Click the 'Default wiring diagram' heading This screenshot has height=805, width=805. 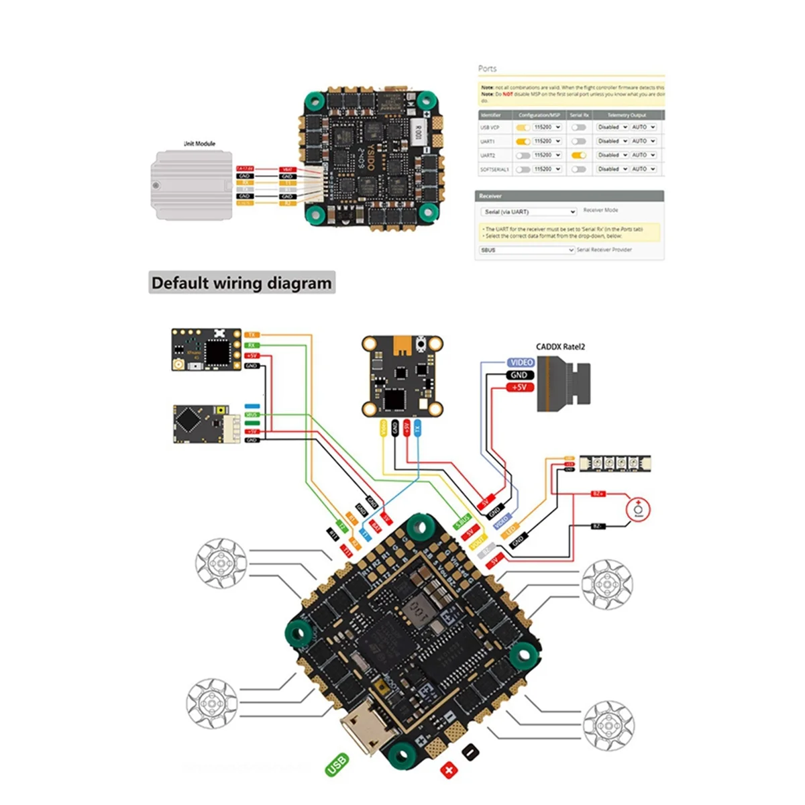click(x=241, y=282)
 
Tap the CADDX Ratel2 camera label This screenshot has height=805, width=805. click(x=560, y=347)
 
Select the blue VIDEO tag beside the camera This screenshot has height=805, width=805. click(x=521, y=362)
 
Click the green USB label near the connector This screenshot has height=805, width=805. click(x=337, y=765)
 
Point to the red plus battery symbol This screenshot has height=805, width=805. click(x=448, y=770)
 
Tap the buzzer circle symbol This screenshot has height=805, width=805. click(x=638, y=510)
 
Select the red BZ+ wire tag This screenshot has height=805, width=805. click(x=598, y=494)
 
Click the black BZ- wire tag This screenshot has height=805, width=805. click(x=598, y=527)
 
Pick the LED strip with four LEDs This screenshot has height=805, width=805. click(x=615, y=462)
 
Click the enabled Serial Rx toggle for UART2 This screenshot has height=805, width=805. click(x=578, y=155)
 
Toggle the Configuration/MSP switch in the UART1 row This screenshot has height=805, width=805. click(x=523, y=141)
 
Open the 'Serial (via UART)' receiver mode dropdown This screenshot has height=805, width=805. click(x=529, y=211)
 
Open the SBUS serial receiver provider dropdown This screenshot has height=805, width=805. click(x=527, y=250)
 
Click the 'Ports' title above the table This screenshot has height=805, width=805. click(x=487, y=68)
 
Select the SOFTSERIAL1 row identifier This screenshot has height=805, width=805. click(x=494, y=170)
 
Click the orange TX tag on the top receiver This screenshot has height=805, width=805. click(x=252, y=335)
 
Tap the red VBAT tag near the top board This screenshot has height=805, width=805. click(x=287, y=170)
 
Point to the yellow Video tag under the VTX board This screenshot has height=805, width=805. click(x=383, y=429)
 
